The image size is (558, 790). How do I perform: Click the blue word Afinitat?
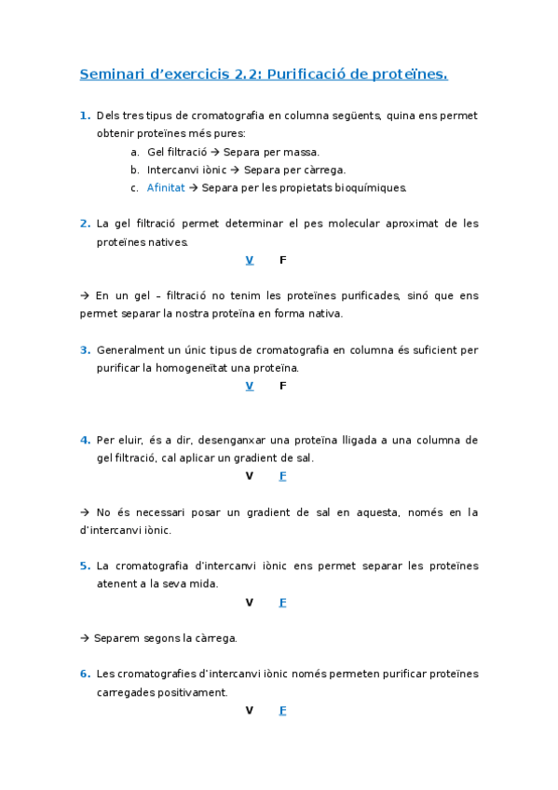click(166, 187)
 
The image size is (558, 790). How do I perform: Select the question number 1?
click(85, 116)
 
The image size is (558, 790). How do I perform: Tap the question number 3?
click(85, 350)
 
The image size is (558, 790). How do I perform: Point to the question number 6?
click(85, 674)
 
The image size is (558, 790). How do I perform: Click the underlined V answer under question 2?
click(249, 260)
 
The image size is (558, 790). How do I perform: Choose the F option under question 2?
click(282, 260)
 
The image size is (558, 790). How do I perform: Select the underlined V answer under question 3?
click(249, 386)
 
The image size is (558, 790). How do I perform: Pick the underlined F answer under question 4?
click(282, 476)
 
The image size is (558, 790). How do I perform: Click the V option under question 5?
click(249, 602)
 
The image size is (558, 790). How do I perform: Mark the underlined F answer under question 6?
click(282, 710)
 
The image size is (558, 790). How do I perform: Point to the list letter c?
click(134, 187)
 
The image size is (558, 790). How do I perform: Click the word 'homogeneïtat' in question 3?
click(214, 368)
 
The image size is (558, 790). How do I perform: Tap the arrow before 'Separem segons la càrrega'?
click(85, 638)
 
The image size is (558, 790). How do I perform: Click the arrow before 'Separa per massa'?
click(215, 152)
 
